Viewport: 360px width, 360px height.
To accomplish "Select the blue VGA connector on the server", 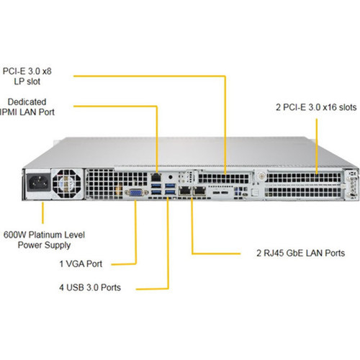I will [135, 192].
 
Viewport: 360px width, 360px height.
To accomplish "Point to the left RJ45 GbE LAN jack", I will [184, 191].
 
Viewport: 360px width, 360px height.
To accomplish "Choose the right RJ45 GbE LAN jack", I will [198, 191].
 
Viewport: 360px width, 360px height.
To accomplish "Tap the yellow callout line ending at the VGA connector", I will [135, 238].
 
